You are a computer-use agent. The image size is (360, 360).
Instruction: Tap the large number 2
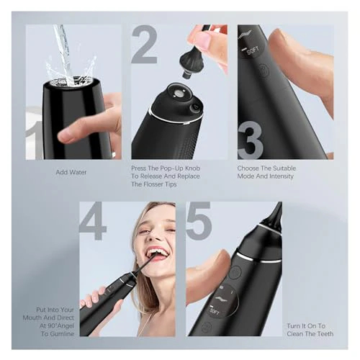click(x=144, y=45)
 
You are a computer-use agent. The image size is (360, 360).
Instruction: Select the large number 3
click(x=250, y=141)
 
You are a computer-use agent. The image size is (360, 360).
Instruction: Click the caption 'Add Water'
click(x=73, y=173)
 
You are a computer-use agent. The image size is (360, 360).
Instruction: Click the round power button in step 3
click(x=264, y=71)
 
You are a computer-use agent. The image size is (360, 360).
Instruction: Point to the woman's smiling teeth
click(x=158, y=253)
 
